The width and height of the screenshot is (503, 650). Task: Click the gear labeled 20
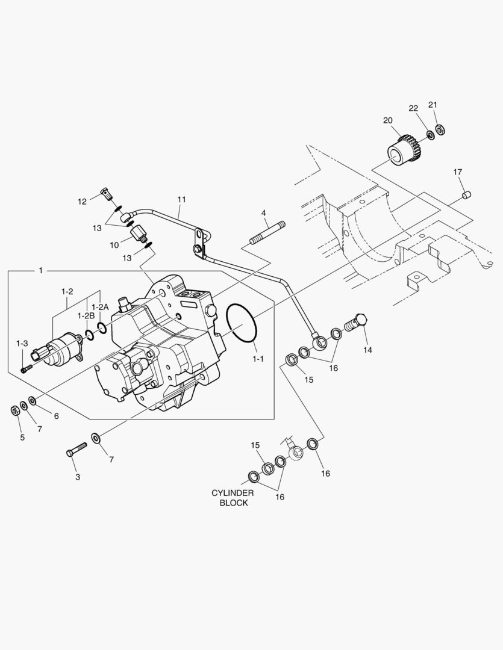click(401, 150)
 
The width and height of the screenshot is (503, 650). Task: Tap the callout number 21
click(433, 105)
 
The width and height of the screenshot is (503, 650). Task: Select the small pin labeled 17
click(466, 195)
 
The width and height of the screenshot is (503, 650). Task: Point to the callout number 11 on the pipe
click(182, 199)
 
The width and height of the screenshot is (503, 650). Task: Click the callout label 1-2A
click(100, 306)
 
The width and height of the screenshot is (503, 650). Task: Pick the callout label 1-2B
click(86, 315)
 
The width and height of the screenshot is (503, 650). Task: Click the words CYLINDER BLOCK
click(233, 498)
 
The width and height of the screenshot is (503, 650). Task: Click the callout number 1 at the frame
click(40, 271)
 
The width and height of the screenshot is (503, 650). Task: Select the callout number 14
click(367, 349)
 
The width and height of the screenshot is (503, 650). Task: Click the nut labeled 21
click(440, 129)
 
